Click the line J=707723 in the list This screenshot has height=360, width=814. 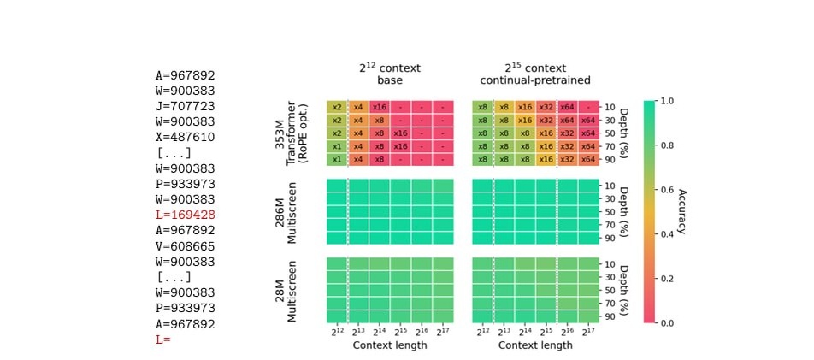(x=185, y=106)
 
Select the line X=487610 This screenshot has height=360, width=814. (x=185, y=137)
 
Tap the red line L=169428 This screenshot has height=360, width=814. (x=185, y=215)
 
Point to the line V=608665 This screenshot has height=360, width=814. (x=185, y=245)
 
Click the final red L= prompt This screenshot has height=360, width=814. (x=163, y=339)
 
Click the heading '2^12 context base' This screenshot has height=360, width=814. (x=390, y=74)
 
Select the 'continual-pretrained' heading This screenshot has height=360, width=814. (x=536, y=81)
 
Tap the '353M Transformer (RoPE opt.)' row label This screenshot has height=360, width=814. (x=292, y=133)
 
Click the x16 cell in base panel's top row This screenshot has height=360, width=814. (x=380, y=107)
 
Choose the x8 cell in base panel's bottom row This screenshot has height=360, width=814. (x=380, y=160)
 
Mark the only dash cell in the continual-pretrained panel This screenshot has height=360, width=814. (x=588, y=107)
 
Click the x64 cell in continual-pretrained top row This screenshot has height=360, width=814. (x=567, y=107)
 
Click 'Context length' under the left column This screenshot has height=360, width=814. (x=390, y=345)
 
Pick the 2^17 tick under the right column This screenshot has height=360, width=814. (x=588, y=332)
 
